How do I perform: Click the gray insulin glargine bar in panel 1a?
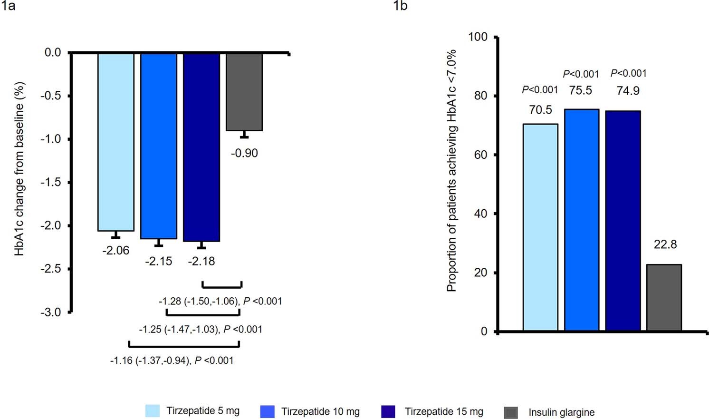[x=244, y=92]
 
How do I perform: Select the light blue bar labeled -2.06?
[x=116, y=142]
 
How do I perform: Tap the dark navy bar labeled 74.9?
[x=623, y=221]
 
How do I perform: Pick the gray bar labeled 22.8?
[x=664, y=297]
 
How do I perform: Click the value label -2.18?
[x=201, y=261]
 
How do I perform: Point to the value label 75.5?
[x=581, y=90]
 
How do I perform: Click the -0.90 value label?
[x=244, y=153]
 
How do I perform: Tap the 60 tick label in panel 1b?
[x=481, y=155]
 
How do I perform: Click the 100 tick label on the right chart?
[x=478, y=37]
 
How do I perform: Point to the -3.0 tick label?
[x=50, y=312]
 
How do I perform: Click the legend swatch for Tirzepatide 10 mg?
[x=268, y=411]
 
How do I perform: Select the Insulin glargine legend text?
[x=561, y=412]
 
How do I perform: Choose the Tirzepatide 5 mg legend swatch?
[x=153, y=411]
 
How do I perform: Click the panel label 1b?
[x=400, y=6]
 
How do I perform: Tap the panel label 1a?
[x=9, y=6]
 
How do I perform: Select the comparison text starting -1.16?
[x=172, y=361]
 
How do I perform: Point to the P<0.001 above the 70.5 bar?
[x=540, y=89]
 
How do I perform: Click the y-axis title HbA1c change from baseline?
[x=19, y=169]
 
